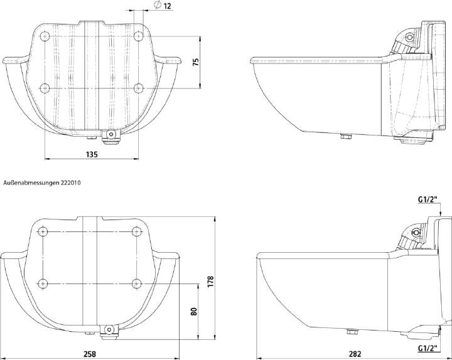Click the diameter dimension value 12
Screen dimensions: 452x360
[168, 6]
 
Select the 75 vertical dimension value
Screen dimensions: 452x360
[196, 62]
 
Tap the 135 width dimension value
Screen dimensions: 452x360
[92, 154]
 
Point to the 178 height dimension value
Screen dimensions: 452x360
[211, 282]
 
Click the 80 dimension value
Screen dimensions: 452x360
[194, 311]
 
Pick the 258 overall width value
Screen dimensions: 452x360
[90, 354]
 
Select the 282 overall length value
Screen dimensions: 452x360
[355, 354]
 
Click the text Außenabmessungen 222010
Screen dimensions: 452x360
[42, 183]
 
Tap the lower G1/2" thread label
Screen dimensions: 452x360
[428, 348]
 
